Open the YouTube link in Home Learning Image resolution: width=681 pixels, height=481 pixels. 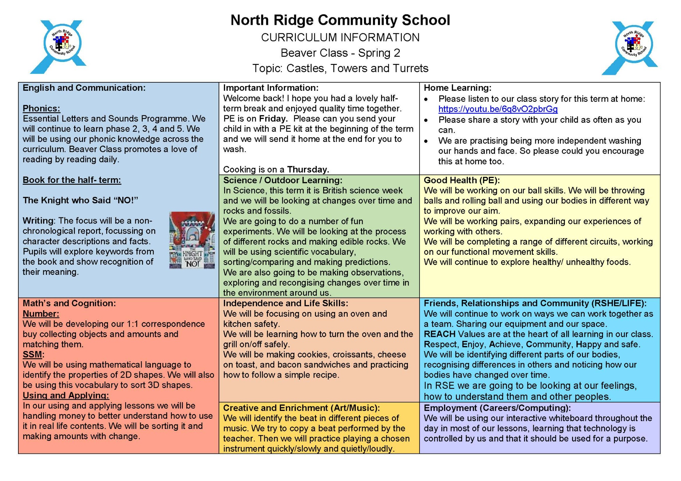tap(498, 109)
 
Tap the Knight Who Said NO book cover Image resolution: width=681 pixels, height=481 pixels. tap(192, 240)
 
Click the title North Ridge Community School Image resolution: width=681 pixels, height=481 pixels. tap(340, 20)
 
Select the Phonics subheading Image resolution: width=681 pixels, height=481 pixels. tap(41, 109)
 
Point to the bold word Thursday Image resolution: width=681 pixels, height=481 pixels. tap(308, 169)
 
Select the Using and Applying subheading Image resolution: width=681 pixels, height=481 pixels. tap(66, 395)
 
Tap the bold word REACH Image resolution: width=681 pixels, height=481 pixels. tap(439, 334)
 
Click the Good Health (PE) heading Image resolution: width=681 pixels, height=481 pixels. tap(461, 180)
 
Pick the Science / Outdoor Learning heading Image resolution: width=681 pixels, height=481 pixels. tap(283, 180)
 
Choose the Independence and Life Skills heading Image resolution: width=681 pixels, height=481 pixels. tap(285, 303)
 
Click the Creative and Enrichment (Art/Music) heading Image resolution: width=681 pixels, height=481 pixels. tap(301, 408)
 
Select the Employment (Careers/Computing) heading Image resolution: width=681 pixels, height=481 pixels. tap(497, 408)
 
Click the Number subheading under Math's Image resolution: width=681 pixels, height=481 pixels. tap(41, 314)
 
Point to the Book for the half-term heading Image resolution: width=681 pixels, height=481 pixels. tap(72, 180)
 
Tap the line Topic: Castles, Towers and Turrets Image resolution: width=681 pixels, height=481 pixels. tap(340, 68)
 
